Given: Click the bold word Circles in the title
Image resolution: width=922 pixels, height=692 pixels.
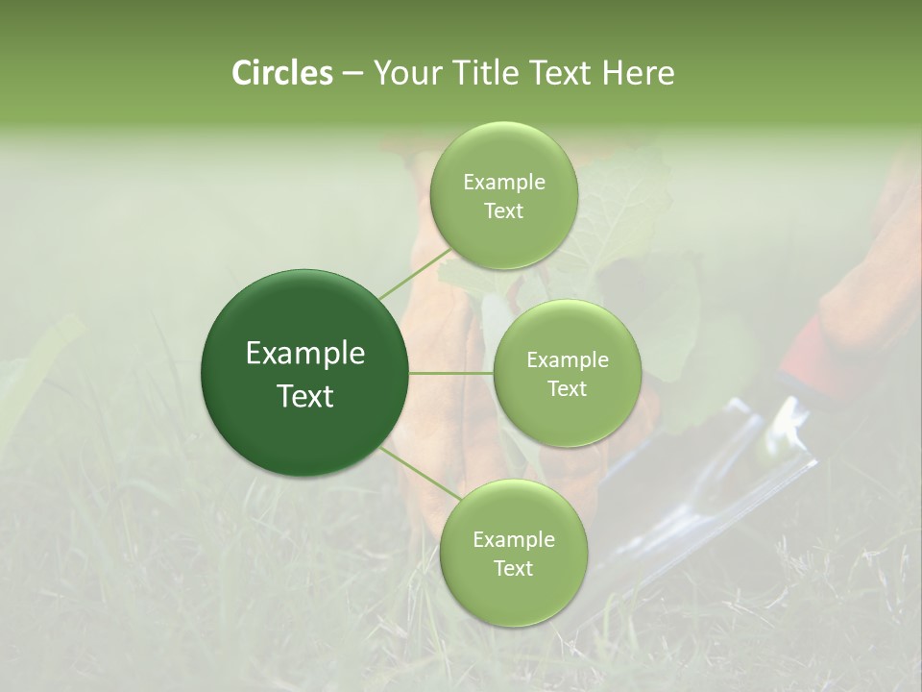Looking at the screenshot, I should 281,73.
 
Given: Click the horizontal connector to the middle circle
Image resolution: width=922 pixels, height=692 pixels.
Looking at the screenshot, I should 450,373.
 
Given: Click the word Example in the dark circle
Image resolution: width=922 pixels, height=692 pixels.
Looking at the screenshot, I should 305,354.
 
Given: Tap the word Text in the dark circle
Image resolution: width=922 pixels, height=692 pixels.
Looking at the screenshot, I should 305,396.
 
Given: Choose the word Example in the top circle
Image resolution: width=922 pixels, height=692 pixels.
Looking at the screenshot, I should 504,182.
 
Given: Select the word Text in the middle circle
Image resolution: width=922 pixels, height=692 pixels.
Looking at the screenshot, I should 567,388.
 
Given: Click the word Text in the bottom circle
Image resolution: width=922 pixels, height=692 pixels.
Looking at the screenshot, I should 513,568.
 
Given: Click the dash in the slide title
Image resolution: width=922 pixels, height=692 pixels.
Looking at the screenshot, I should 352,74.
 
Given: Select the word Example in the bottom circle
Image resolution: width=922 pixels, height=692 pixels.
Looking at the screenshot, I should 513,539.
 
